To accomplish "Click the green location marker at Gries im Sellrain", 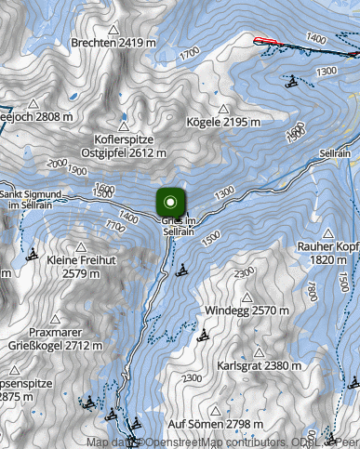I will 170,202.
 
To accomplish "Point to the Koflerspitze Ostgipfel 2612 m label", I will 123,145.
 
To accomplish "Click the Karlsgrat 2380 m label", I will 259,365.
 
